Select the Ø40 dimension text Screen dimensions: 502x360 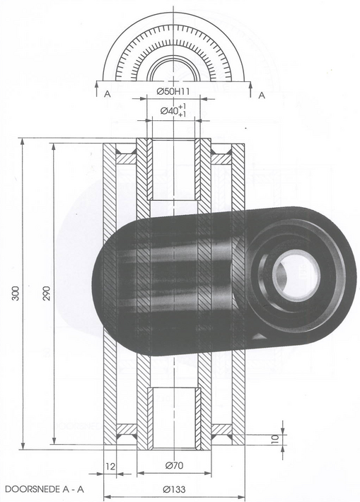pos(173,111)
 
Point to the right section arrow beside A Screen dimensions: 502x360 pos(250,88)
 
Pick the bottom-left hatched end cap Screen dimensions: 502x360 pos(127,430)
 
